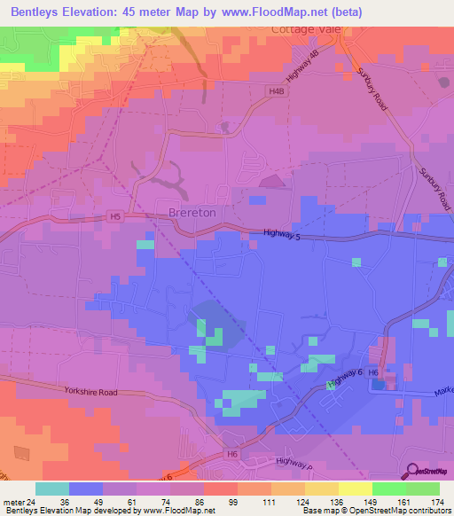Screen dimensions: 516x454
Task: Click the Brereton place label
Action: [192, 213]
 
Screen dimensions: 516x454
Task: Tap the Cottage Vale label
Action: [304, 28]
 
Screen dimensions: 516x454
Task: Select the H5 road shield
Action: [114, 215]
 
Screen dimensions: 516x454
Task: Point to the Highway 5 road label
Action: [288, 234]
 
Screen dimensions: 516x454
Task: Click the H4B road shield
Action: [278, 90]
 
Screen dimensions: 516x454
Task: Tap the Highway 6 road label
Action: [346, 379]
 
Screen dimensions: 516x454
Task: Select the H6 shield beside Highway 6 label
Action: [373, 374]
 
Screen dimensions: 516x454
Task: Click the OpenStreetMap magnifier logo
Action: [412, 471]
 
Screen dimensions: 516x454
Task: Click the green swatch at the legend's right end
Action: [423, 489]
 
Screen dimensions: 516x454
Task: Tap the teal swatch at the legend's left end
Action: [52, 489]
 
